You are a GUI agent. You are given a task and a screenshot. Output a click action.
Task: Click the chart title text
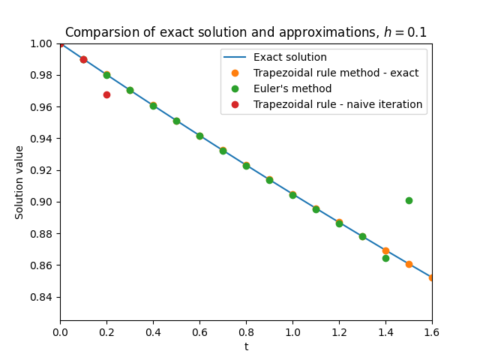(245, 32)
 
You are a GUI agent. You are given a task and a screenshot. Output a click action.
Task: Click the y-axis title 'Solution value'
(20, 182)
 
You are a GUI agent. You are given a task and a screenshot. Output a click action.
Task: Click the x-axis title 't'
(246, 346)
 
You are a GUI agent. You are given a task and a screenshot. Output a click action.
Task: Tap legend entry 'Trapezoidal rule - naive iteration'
(337, 104)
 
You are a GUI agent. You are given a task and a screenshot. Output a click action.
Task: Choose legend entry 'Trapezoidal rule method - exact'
(336, 73)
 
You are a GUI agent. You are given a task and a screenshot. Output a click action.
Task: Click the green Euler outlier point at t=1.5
(409, 200)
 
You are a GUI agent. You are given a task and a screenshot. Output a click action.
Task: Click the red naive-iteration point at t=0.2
(106, 94)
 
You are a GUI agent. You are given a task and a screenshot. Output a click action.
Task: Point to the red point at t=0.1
(83, 59)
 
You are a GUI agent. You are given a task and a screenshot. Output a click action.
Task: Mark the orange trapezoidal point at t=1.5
(409, 264)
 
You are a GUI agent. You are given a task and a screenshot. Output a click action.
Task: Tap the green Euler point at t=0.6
(199, 136)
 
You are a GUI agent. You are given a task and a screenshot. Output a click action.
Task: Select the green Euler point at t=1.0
(292, 195)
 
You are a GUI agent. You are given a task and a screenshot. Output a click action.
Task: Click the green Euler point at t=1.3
(362, 236)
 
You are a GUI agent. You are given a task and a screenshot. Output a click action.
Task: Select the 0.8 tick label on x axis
(246, 331)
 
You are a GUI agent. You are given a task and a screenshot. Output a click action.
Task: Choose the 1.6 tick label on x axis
(432, 331)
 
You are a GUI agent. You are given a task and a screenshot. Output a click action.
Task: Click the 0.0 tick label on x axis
(61, 331)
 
